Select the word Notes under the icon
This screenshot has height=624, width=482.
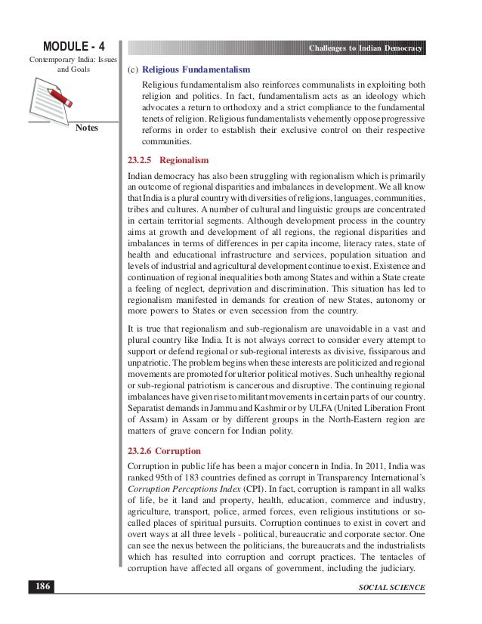coord(87,128)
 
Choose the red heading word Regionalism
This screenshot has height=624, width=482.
coord(184,161)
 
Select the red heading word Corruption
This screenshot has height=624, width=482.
coord(183,451)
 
